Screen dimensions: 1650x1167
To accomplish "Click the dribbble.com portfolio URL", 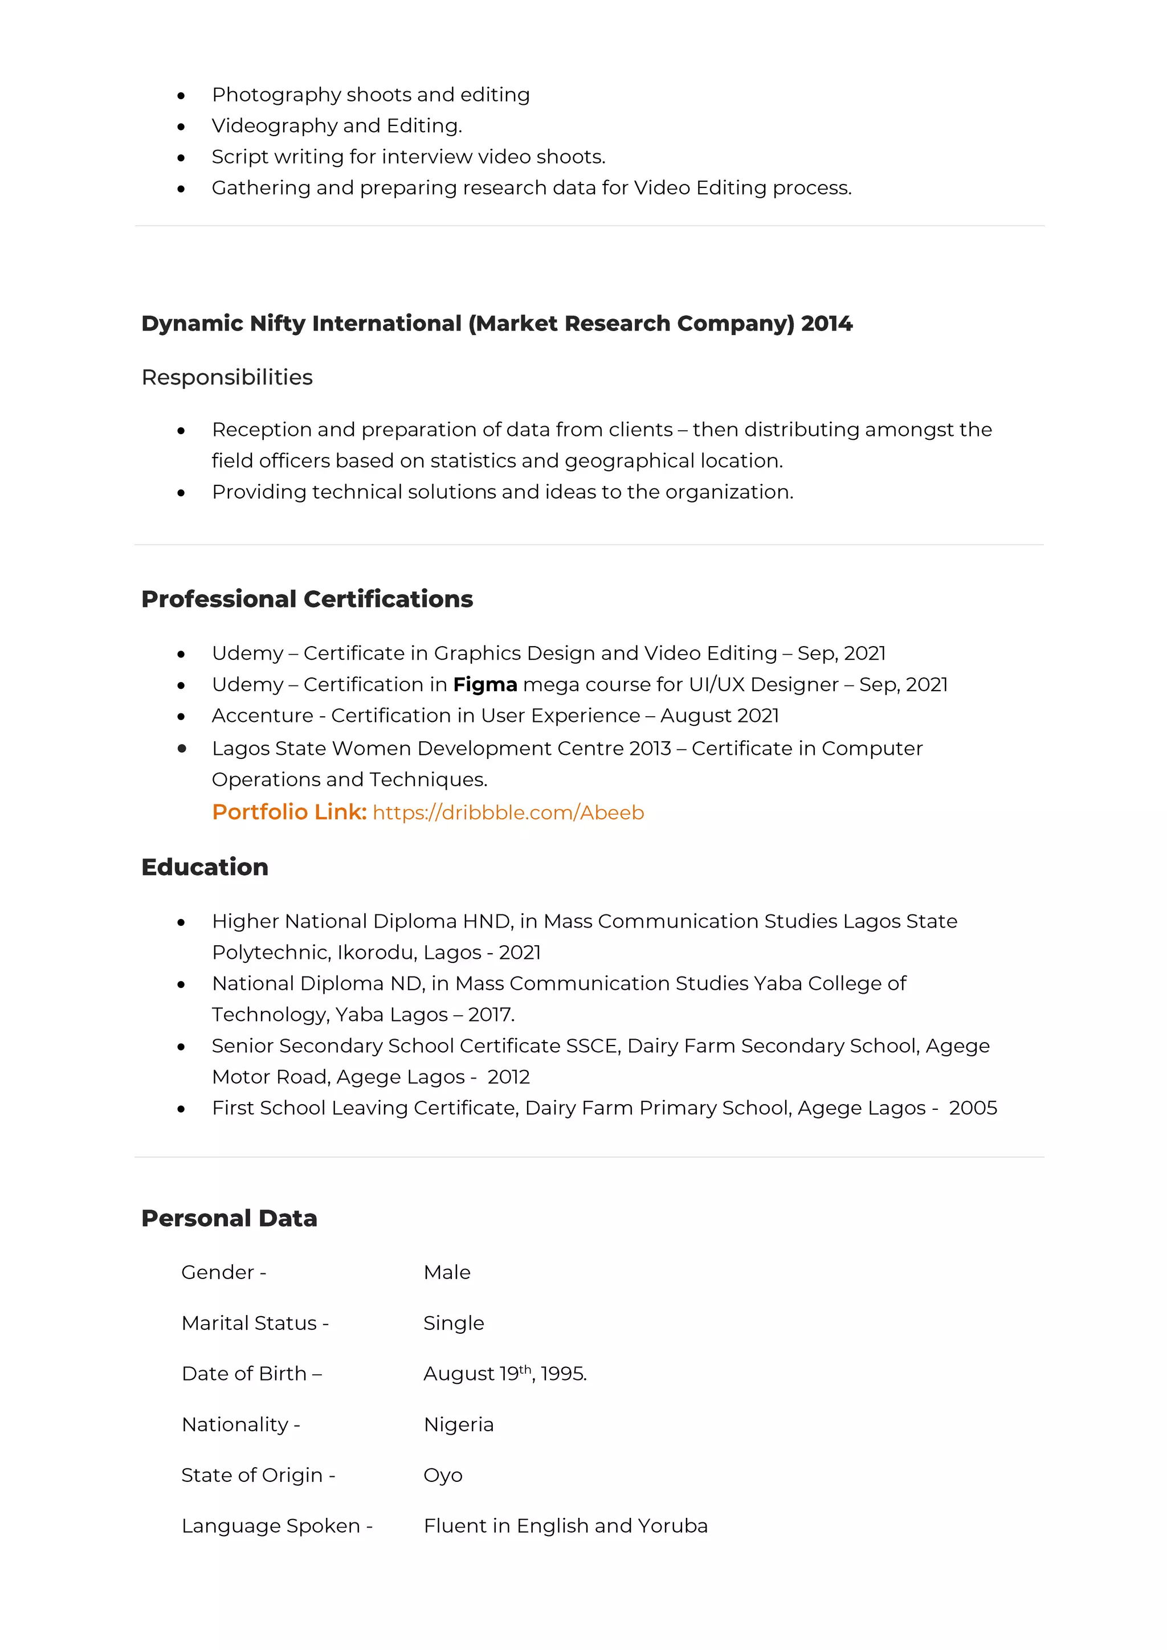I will click(508, 813).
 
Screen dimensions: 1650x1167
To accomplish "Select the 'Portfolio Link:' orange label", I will click(289, 812).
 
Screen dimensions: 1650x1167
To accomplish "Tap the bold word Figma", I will click(485, 685).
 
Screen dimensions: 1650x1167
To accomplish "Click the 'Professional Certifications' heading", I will click(307, 599).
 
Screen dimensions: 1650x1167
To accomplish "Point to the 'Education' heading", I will click(205, 867).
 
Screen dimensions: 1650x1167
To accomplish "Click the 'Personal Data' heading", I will click(229, 1219).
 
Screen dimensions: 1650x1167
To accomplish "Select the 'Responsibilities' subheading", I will click(227, 377).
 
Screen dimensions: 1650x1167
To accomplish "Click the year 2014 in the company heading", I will click(826, 324).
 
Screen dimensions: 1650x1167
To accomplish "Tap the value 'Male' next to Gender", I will click(447, 1273).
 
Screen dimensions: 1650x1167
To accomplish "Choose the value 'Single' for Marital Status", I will click(454, 1323).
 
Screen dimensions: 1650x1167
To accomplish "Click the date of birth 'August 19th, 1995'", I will click(504, 1374).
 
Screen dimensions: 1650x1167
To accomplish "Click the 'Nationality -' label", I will click(240, 1424).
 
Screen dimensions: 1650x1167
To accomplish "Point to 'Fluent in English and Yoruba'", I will click(565, 1526).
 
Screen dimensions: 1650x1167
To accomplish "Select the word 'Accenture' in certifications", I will click(262, 716).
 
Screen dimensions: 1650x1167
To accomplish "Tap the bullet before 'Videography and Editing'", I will click(181, 127).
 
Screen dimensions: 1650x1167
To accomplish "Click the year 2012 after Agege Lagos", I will click(508, 1077).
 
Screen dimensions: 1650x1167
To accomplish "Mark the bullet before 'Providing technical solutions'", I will click(181, 493).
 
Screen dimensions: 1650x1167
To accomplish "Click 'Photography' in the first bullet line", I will click(276, 95).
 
